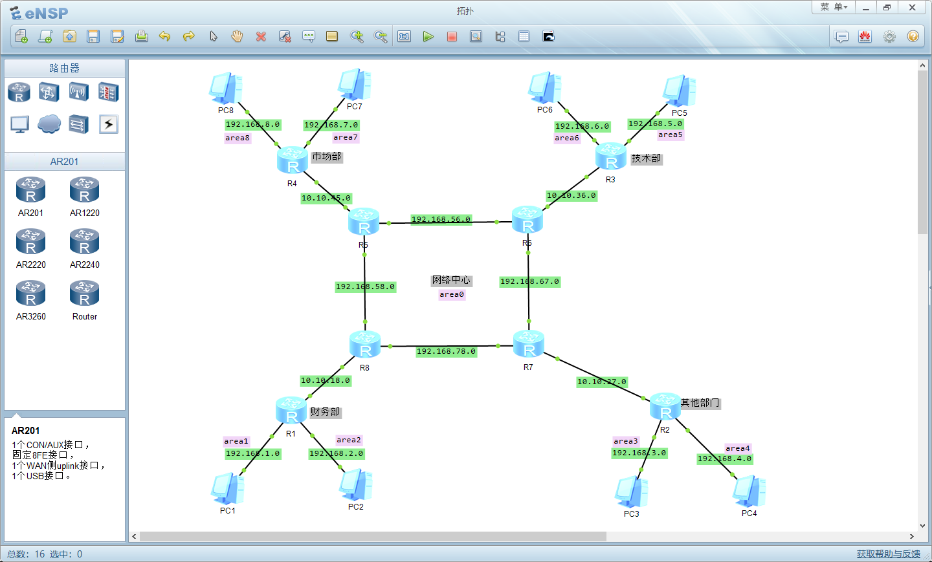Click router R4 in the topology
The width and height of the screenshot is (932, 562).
coord(292,160)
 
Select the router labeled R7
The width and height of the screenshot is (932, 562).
coord(529,344)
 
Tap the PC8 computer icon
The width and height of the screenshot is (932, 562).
coord(225,89)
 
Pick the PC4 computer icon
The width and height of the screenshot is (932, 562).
coord(749,492)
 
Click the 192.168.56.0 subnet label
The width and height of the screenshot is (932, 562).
coord(441,219)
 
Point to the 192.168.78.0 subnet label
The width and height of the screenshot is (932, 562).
coord(446,351)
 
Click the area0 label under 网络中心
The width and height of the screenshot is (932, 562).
coord(452,294)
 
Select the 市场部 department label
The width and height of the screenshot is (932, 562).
coord(327,157)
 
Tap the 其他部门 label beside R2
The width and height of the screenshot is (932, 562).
coord(700,402)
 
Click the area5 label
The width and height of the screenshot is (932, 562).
coord(670,135)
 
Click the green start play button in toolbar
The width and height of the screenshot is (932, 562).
coord(428,36)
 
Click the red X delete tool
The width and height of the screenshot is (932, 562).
coord(261,36)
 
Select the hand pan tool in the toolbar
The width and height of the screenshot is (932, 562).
coord(237,36)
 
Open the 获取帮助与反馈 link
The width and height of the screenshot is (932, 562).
coord(888,554)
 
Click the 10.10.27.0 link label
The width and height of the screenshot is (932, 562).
coord(601,382)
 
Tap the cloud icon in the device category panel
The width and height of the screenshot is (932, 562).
coord(49,124)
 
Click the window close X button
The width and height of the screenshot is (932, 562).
coord(912,7)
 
